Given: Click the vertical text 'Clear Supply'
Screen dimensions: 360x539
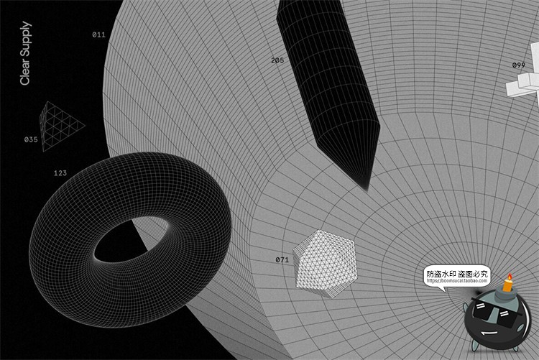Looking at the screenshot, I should (25, 54).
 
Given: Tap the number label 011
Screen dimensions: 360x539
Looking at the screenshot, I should (98, 34).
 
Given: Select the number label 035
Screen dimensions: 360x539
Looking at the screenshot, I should (31, 139).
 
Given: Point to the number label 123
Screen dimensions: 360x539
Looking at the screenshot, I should (60, 173).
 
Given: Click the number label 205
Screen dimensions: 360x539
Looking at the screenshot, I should (277, 60).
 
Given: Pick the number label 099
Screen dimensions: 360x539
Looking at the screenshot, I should (518, 65).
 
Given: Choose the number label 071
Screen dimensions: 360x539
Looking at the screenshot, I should (282, 259).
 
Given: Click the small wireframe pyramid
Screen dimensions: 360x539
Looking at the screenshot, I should (60, 124).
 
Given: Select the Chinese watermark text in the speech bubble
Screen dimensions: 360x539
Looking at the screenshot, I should (457, 273).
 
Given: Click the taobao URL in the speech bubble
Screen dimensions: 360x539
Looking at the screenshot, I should (457, 281).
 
